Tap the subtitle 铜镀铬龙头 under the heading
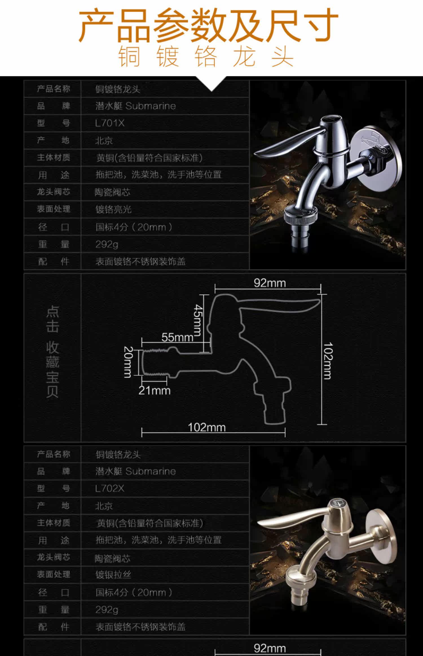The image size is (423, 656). pyautogui.click(x=206, y=57)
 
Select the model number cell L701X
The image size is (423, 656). pyautogui.click(x=110, y=123)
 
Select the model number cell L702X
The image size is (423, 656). pyautogui.click(x=110, y=488)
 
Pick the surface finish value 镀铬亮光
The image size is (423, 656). pyautogui.click(x=113, y=209)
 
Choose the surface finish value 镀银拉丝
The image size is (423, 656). pyautogui.click(x=113, y=575)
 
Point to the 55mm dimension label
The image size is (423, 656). pyautogui.click(x=177, y=337)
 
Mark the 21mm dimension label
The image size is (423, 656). pyautogui.click(x=155, y=390)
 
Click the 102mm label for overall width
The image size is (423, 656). pyautogui.click(x=207, y=427)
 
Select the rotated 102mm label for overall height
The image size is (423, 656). pyautogui.click(x=328, y=361)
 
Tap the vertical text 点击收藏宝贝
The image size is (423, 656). pyautogui.click(x=52, y=351)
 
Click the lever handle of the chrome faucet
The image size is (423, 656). pyautogui.click(x=285, y=144)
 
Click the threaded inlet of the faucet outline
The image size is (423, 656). pyautogui.click(x=155, y=362)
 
